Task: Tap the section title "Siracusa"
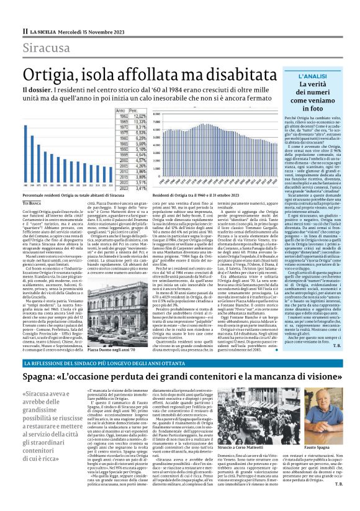pos(47,48)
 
